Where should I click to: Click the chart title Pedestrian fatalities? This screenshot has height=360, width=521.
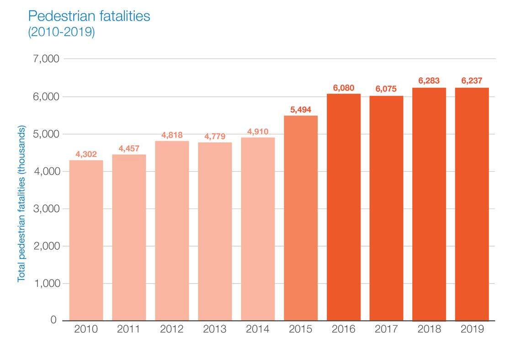[x=89, y=16]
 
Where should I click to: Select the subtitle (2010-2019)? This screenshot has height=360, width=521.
[x=61, y=33]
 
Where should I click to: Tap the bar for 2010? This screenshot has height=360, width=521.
[x=86, y=240]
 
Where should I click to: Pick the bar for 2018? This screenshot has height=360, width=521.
[x=429, y=204]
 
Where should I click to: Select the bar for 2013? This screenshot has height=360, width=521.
[x=215, y=231]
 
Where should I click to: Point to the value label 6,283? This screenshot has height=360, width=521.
[x=429, y=81]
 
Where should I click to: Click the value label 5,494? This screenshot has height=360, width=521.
[x=301, y=110]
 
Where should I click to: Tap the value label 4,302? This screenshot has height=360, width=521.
[x=86, y=154]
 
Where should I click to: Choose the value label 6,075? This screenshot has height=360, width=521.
[x=386, y=89]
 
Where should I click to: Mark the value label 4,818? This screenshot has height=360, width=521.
[x=172, y=135]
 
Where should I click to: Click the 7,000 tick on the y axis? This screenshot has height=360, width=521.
[x=47, y=59]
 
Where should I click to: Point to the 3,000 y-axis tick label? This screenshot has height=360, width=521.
[x=47, y=209]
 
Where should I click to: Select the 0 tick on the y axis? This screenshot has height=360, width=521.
[x=53, y=320]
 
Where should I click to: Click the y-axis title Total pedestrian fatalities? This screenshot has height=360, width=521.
[x=21, y=204]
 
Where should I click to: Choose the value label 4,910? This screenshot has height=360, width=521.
[x=258, y=132]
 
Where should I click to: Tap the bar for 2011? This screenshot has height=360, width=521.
[x=129, y=237]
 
